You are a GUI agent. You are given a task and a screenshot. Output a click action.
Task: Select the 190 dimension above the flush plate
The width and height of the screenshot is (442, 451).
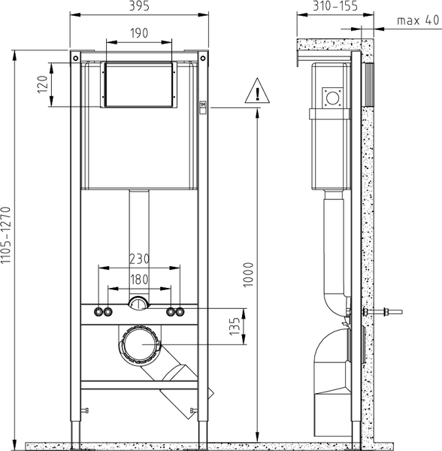pos(138,35)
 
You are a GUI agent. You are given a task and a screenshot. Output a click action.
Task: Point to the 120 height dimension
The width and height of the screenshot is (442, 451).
pos(44,84)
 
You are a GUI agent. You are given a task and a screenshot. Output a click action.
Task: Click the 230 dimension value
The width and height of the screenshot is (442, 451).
pos(138,259)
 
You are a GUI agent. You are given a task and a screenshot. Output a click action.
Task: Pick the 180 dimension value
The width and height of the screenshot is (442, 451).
pos(138,279)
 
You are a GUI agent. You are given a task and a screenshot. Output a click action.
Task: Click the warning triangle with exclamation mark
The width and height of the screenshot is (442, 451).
pos(257,92)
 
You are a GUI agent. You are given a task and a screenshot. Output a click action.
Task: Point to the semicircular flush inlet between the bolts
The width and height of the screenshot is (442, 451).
pos(138,304)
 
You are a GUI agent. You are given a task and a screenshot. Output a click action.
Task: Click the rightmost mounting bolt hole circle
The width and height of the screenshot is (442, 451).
pos(180,311)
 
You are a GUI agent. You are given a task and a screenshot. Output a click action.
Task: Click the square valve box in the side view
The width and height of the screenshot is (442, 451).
pos(331,97)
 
